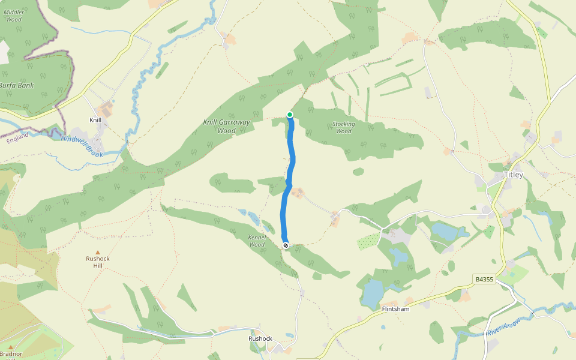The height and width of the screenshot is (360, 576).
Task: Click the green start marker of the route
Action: point(290,115)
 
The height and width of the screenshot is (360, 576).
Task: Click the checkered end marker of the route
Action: point(286,245)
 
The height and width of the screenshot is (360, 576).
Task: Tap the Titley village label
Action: point(513,175)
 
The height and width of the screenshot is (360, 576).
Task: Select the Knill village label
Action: point(95,120)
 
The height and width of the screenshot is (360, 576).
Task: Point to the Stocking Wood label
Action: point(344,128)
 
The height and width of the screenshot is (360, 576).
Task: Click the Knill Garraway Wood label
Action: point(226,126)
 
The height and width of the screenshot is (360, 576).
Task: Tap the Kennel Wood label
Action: point(257,241)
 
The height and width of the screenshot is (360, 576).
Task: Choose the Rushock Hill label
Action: point(97,262)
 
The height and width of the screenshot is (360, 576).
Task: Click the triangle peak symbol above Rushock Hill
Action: point(98,252)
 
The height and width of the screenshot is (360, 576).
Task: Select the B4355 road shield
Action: point(484,279)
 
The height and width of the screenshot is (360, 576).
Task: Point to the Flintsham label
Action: point(396,309)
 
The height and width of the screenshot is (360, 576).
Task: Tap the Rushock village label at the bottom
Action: point(260,338)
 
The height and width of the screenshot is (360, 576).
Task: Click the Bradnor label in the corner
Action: point(11,354)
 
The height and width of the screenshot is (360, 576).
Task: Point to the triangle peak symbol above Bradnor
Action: point(10,346)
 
